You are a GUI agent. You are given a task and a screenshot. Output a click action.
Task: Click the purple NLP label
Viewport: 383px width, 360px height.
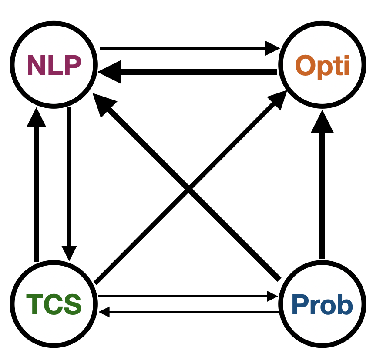click(54, 65)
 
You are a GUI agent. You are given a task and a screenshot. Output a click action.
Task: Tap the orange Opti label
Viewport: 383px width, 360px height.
click(322, 66)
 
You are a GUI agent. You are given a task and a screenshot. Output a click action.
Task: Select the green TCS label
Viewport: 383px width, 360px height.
click(54, 304)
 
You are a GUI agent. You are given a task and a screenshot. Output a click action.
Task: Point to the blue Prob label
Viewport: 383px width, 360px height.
click(322, 305)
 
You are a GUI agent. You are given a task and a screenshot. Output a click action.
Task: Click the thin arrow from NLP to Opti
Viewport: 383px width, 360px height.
click(183, 48)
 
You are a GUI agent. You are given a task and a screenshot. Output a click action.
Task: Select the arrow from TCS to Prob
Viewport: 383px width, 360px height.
click(183, 297)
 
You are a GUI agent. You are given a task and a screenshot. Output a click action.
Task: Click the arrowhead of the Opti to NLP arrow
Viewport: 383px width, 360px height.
click(107, 72)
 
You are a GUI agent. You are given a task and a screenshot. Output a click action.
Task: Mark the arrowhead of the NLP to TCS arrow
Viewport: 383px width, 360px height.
click(69, 253)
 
